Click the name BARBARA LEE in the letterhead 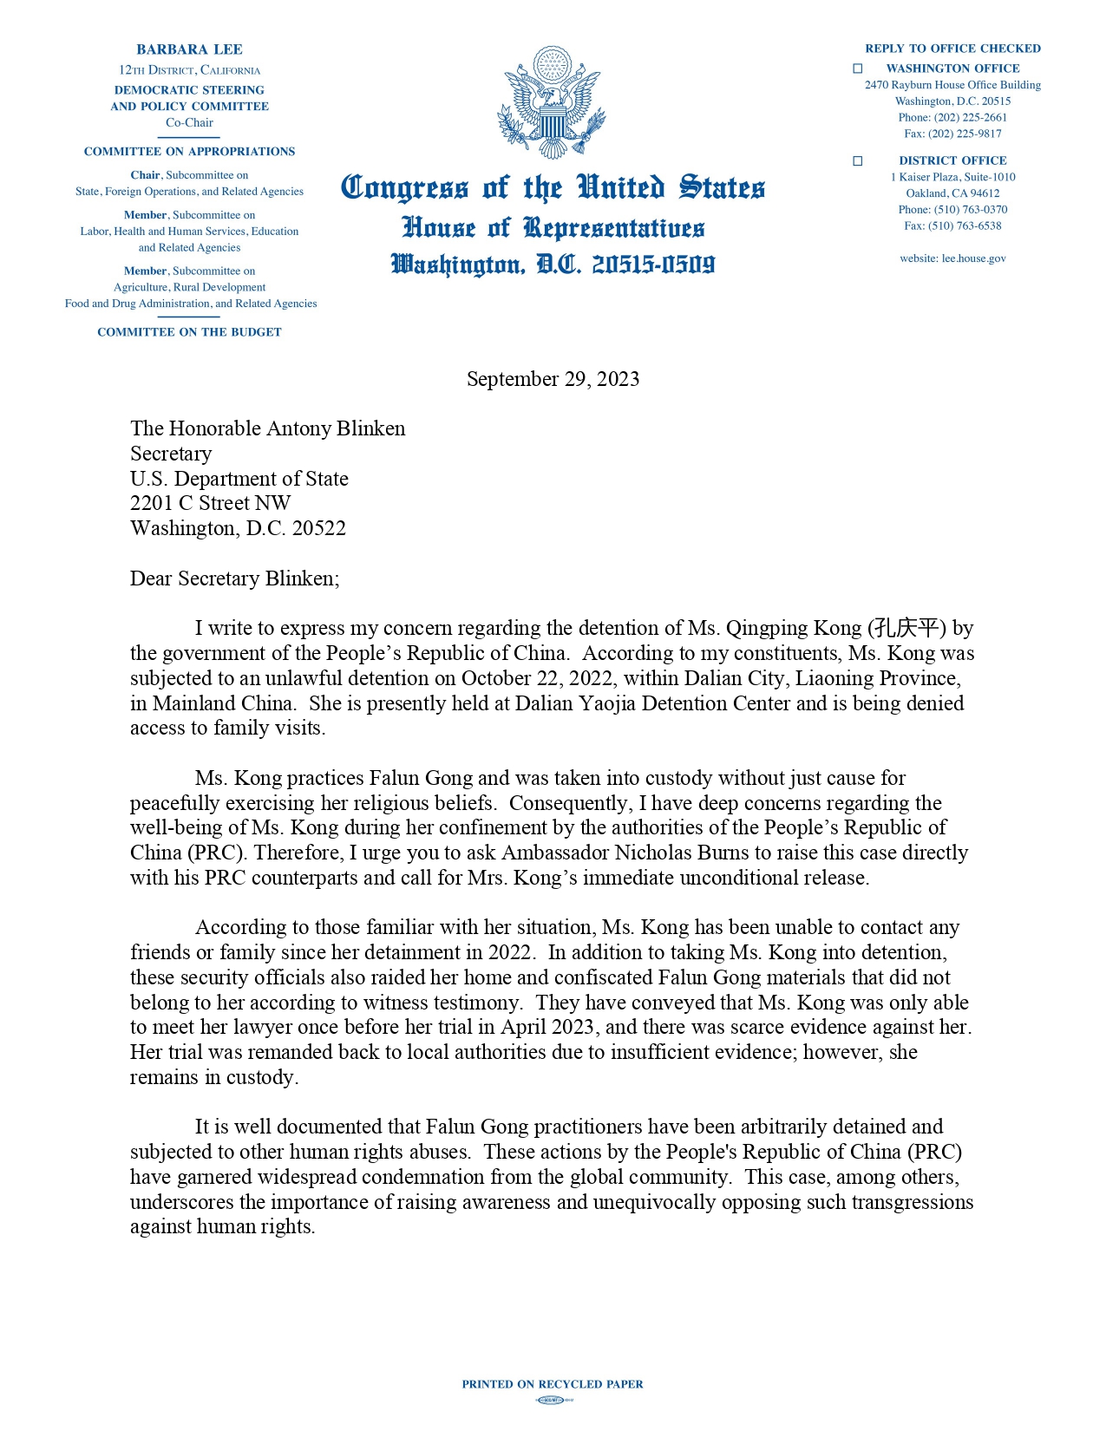tap(189, 49)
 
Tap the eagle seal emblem tap(552, 102)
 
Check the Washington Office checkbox tap(858, 69)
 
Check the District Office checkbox tap(858, 160)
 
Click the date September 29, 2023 tap(553, 379)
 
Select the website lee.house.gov tap(952, 258)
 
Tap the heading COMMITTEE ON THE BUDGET tap(189, 332)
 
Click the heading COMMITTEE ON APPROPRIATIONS tap(189, 152)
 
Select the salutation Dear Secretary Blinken tap(234, 578)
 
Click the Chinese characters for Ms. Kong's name tap(907, 628)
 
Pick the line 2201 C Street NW tap(210, 503)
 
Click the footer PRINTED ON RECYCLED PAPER tap(553, 1384)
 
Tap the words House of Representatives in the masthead tap(553, 228)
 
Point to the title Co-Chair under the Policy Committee tap(189, 123)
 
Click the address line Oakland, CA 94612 tap(952, 193)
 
